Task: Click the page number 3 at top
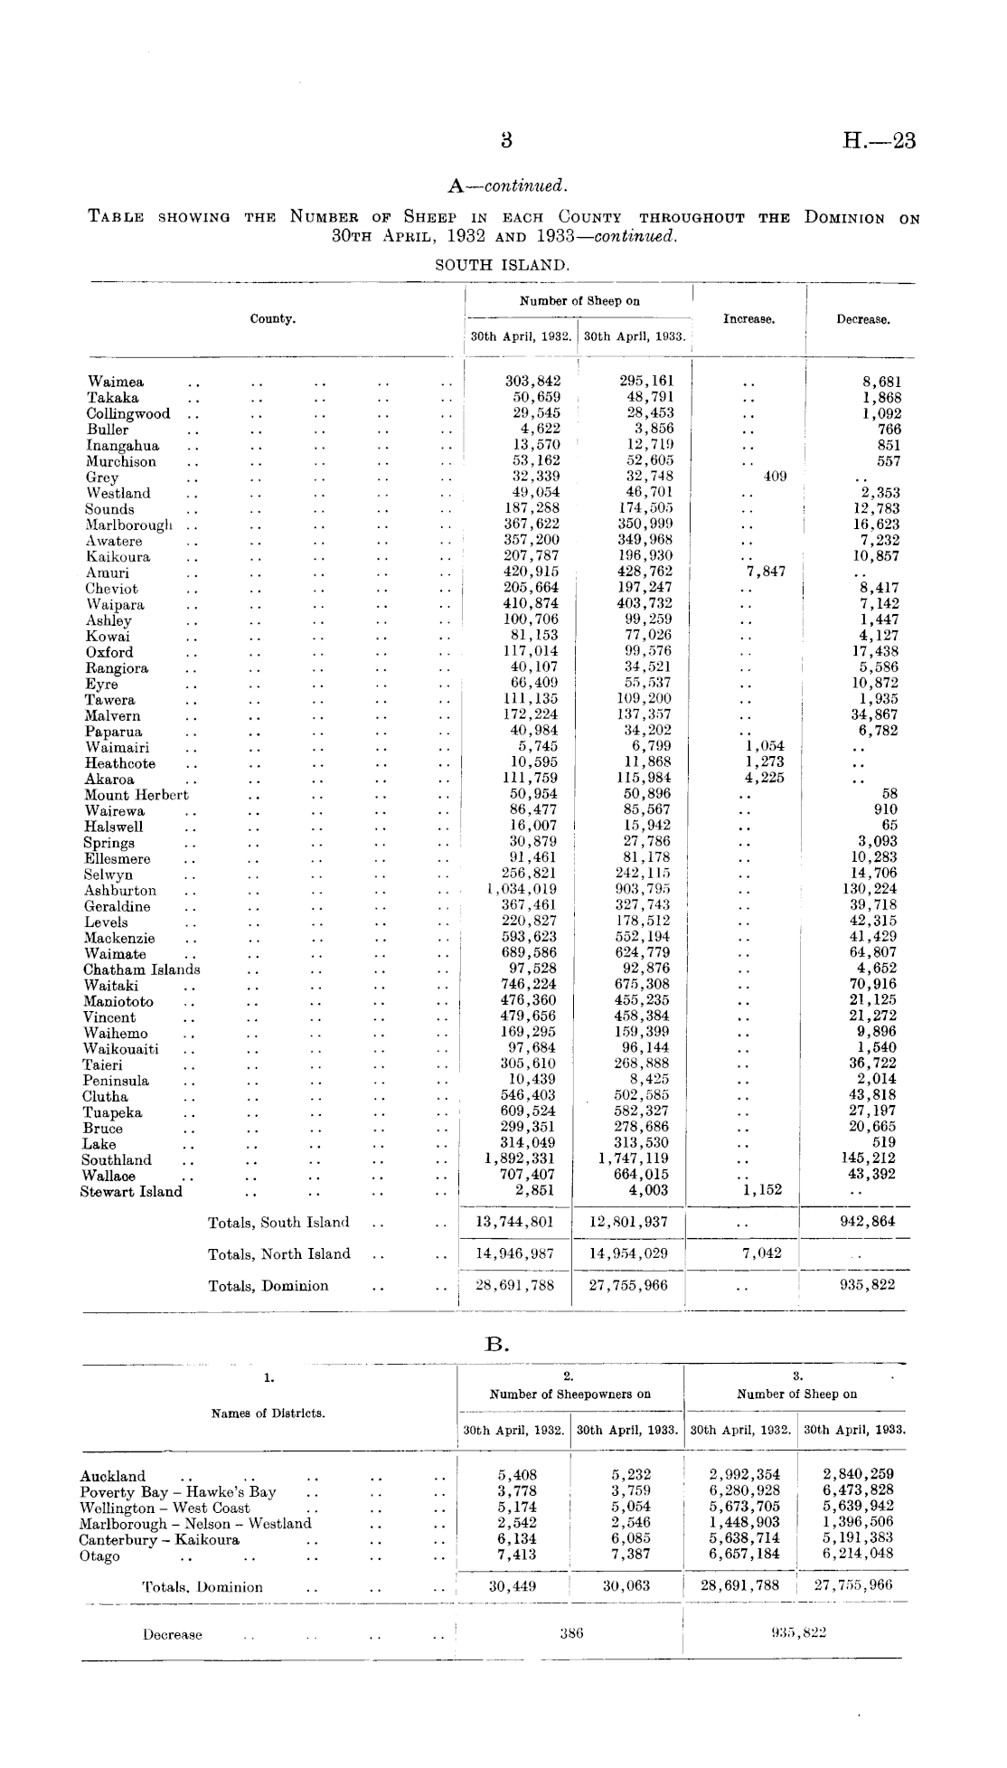click(x=506, y=141)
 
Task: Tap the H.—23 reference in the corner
click(x=879, y=141)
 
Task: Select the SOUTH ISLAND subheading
click(x=503, y=265)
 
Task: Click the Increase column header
click(x=748, y=319)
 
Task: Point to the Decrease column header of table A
click(x=862, y=319)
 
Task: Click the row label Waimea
click(x=115, y=382)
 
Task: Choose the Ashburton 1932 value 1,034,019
click(x=522, y=889)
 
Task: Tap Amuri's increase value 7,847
click(x=765, y=572)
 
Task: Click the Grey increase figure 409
click(x=775, y=476)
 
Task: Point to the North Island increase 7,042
click(x=762, y=1254)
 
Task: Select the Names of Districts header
click(x=268, y=1413)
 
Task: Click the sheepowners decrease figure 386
click(x=569, y=1634)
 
